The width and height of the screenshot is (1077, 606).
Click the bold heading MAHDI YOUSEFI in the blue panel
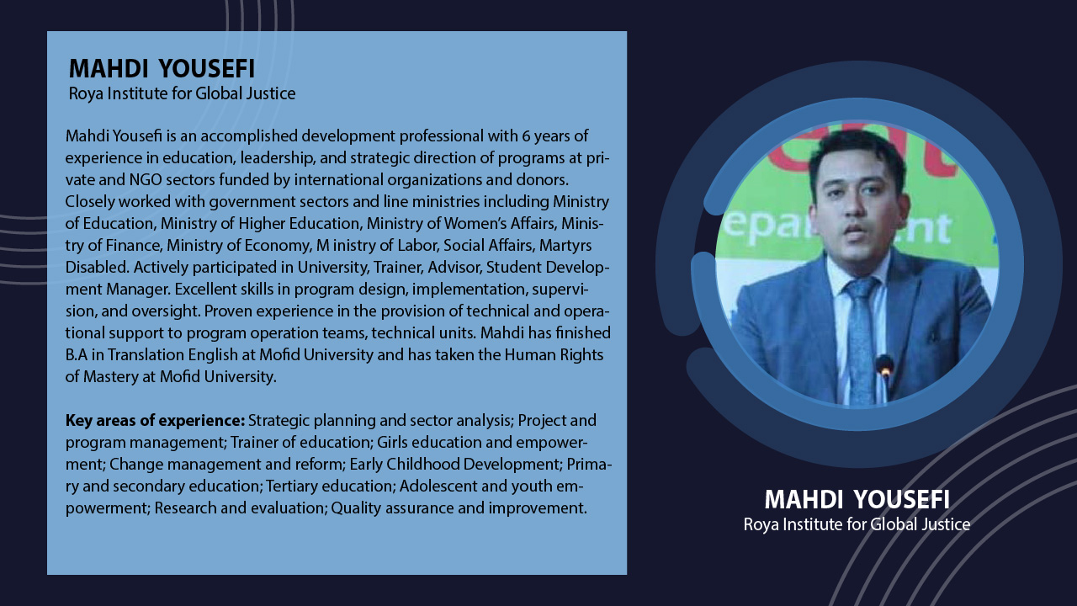click(162, 68)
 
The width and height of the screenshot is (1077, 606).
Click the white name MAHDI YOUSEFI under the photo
click(857, 499)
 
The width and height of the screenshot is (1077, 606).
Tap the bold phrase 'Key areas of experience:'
click(156, 420)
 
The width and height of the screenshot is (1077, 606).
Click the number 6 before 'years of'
click(526, 136)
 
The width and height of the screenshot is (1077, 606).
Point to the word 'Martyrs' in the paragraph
click(565, 246)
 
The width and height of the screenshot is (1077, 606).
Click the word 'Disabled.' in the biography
click(97, 268)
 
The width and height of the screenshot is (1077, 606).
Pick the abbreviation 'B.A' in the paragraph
click(77, 355)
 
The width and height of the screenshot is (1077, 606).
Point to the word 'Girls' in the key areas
click(392, 443)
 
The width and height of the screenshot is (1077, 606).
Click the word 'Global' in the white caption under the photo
click(894, 524)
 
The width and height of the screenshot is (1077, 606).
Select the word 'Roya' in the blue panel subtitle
click(86, 93)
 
